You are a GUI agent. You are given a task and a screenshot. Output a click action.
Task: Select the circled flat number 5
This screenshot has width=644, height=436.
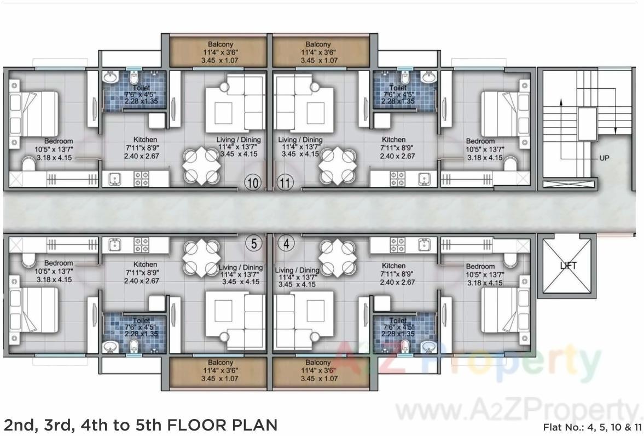(x=253, y=244)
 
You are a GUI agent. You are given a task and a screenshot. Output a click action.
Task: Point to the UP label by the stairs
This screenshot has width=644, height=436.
(x=604, y=158)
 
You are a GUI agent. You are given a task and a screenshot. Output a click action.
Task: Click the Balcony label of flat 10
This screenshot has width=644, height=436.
(x=221, y=44)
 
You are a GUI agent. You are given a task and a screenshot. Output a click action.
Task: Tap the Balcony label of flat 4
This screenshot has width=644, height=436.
(x=318, y=363)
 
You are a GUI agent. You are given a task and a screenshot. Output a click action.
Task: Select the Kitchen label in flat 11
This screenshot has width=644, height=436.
(x=393, y=140)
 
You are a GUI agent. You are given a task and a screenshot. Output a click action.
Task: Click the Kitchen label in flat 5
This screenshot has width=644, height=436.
(x=145, y=265)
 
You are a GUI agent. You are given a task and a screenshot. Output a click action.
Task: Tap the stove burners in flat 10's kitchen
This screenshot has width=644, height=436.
(x=142, y=179)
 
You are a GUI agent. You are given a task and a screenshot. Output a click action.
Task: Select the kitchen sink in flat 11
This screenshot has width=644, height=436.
(x=423, y=179)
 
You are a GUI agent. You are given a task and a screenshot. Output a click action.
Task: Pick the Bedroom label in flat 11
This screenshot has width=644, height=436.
(x=480, y=141)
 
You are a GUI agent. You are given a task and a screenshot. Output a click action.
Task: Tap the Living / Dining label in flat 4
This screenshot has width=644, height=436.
(x=297, y=270)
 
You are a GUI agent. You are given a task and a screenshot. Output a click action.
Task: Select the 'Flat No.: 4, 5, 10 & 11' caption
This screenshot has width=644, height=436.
(x=591, y=427)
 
